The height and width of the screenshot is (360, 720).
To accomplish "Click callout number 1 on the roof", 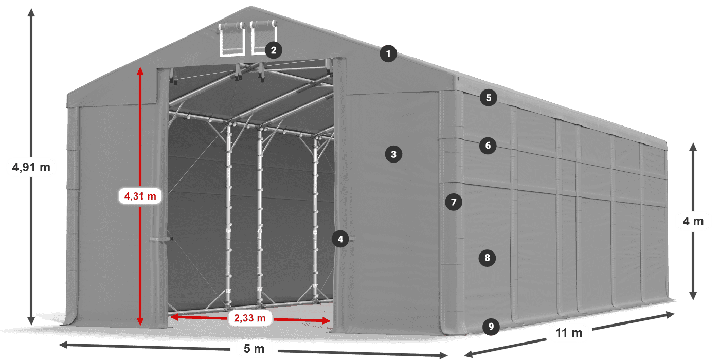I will (x=389, y=53).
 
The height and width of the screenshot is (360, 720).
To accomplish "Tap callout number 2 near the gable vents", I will (x=273, y=50).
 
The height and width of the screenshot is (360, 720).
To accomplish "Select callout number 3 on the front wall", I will (x=393, y=154).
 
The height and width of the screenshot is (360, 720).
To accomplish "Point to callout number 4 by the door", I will (x=340, y=239).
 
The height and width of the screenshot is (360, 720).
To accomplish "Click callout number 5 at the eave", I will (x=488, y=97).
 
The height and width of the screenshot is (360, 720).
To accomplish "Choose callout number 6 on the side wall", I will (x=488, y=146).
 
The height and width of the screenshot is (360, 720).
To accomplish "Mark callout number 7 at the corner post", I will (x=453, y=202).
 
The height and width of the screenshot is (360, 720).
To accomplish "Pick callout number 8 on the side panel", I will (x=487, y=257).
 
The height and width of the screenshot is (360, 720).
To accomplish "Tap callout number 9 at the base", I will (x=491, y=326).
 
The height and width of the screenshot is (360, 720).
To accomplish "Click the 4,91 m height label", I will (x=30, y=167).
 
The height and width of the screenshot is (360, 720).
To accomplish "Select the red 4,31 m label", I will (x=139, y=196).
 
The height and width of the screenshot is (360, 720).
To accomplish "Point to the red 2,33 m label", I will (x=249, y=319).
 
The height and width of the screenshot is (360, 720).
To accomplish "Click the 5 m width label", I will (x=254, y=349).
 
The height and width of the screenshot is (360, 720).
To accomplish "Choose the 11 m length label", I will (x=569, y=333).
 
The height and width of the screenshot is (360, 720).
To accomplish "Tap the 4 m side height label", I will (x=693, y=222).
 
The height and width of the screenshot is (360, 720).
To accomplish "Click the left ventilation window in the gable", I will (x=232, y=40).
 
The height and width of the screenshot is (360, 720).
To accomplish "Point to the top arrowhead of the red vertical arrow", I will (x=140, y=69).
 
